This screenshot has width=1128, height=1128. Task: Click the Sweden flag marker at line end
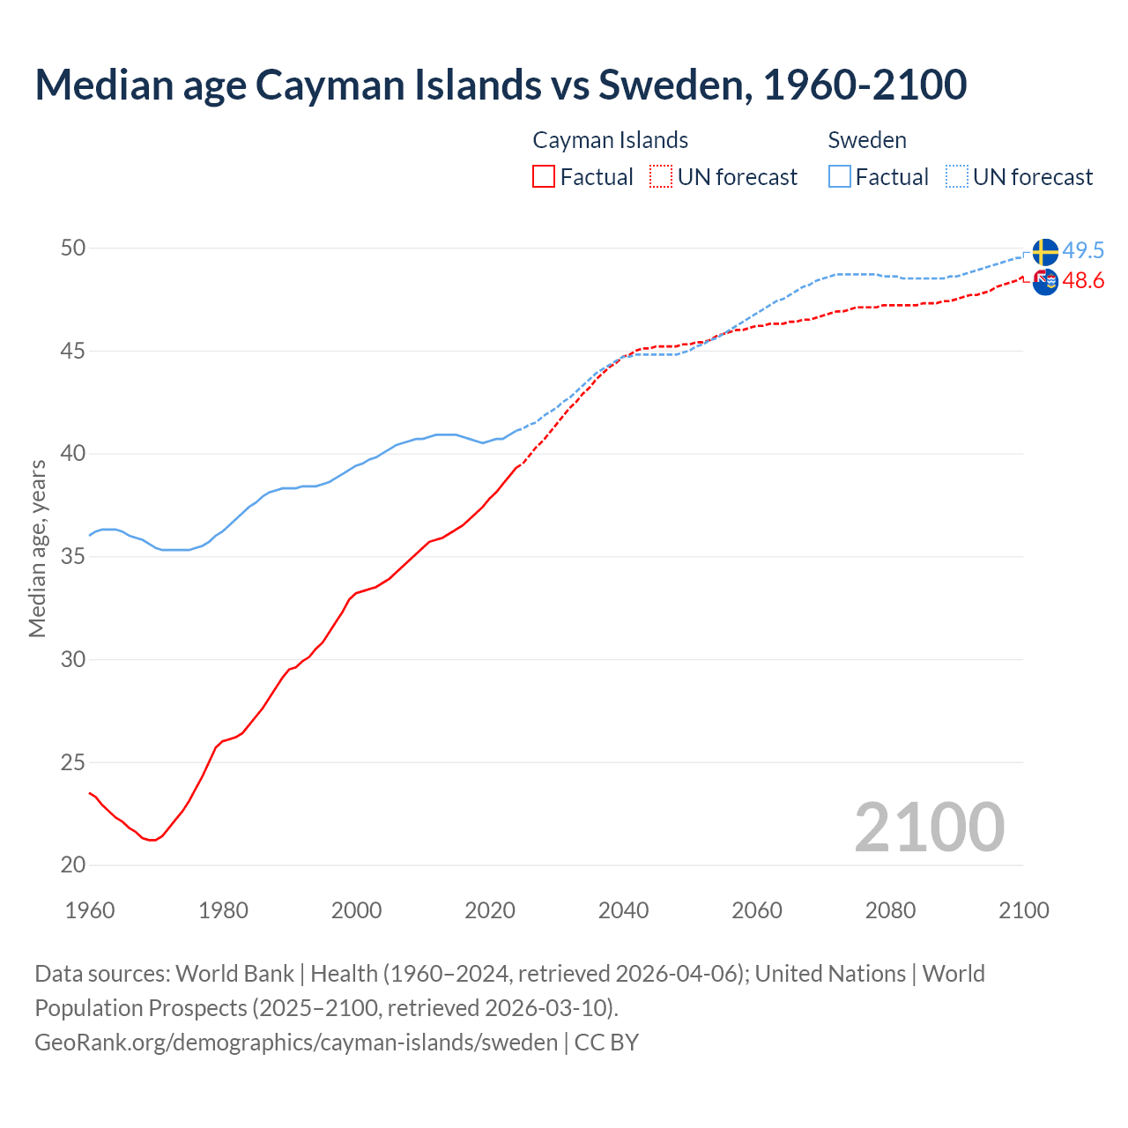1044,252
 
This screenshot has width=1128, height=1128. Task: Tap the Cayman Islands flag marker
1045,282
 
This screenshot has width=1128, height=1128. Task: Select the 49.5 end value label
1083,251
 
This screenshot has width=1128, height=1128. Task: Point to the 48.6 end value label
1083,281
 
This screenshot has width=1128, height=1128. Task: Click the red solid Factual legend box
544,177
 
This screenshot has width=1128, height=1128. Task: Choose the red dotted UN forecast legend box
661,177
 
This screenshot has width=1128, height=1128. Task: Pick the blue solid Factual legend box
839,177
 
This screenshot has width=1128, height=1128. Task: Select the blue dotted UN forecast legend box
956,177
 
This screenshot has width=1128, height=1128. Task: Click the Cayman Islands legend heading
610,140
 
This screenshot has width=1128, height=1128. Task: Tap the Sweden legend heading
867,140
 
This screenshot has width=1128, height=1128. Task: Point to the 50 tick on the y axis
73,249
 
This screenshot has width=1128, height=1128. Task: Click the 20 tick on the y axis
73,865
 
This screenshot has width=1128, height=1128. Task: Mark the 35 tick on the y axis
73,557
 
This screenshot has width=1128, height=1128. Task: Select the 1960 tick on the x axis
90,910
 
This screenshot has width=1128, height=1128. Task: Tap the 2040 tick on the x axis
623,910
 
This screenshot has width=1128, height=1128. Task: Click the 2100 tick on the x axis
1023,910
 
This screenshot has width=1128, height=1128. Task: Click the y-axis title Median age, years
37,548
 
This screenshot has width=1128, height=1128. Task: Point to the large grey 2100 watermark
929,827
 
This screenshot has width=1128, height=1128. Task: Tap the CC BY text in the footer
606,1043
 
